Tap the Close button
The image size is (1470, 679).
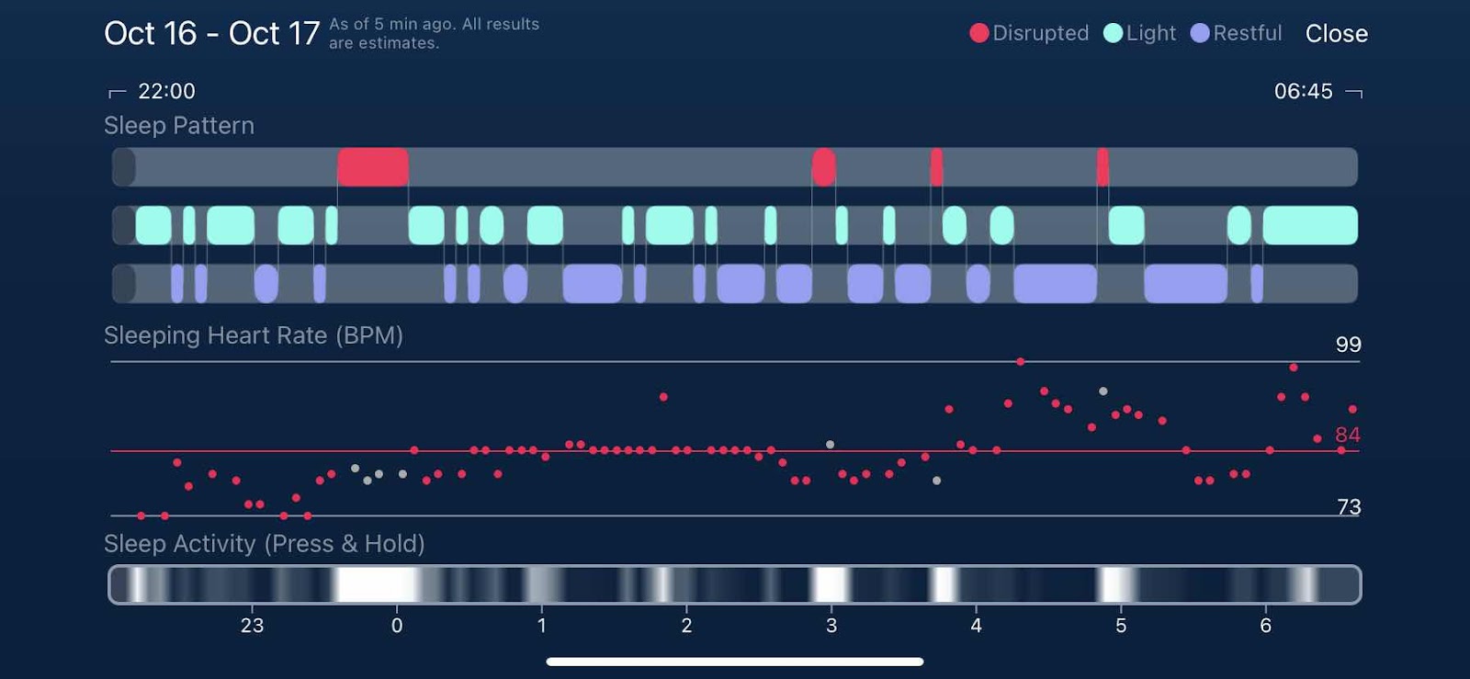click(x=1336, y=34)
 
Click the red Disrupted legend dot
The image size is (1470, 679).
click(x=979, y=33)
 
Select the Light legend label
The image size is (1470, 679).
click(x=1150, y=33)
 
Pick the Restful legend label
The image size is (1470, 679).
click(x=1247, y=33)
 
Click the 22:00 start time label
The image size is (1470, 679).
click(x=166, y=91)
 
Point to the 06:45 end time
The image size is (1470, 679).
click(x=1303, y=91)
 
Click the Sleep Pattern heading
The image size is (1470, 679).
click(x=179, y=126)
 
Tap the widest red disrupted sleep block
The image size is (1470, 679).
click(x=373, y=167)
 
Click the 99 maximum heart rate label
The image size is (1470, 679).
click(x=1348, y=345)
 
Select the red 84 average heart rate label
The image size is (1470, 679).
click(x=1347, y=435)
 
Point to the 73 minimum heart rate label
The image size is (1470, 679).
click(x=1349, y=507)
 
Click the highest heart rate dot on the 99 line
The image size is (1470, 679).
click(x=1021, y=362)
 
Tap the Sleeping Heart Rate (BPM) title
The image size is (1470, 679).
click(x=254, y=335)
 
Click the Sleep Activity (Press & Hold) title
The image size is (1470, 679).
click(x=265, y=544)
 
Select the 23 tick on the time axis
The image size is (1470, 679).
click(x=252, y=626)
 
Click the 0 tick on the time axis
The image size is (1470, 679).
click(x=397, y=626)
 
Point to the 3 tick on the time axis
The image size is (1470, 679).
click(x=831, y=626)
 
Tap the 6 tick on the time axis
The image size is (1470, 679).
click(x=1265, y=626)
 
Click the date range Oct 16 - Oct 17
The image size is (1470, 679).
click(x=211, y=34)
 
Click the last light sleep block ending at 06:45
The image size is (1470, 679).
click(x=1309, y=225)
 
